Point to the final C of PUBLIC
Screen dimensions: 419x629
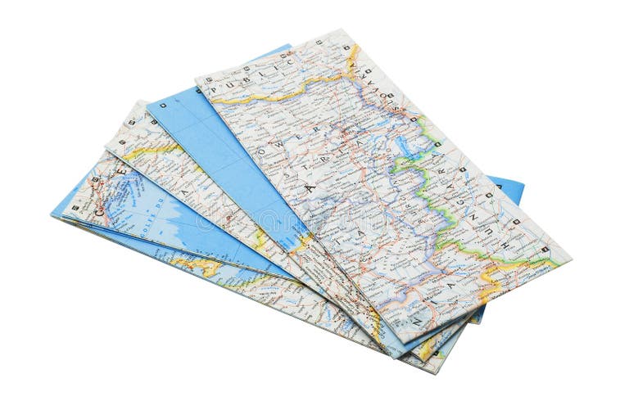tap(287, 61)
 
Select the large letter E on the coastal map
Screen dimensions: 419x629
tap(123, 169)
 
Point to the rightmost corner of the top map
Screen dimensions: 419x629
tap(569, 260)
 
